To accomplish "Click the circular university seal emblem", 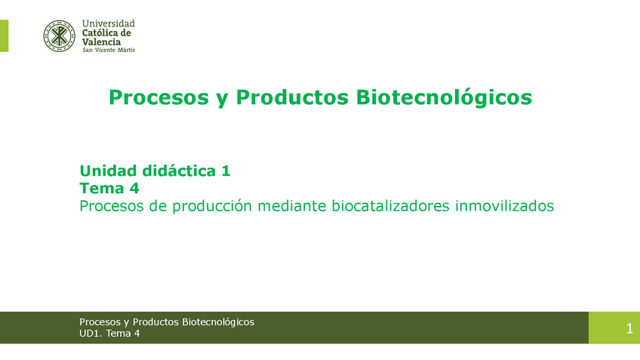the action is pos(60,36).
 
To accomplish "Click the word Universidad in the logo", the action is pos(108,23).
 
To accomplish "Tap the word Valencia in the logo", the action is pos(101,42).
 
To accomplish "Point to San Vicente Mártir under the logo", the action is pos(109,51).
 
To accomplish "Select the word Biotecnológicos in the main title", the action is pos(444,97).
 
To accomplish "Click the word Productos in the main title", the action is pos(292,97).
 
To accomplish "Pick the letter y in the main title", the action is pos(222,100).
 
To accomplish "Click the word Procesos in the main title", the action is pos(158,97).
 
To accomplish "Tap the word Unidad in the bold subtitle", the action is pos(108,171).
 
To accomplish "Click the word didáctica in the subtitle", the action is pos(179,171).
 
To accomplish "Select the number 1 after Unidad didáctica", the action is pos(226,171).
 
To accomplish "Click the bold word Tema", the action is pos(102,188).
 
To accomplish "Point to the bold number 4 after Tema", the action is pos(134,188).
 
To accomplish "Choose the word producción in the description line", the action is pos(212,206).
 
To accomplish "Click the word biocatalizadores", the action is pos(390,206).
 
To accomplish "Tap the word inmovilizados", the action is pos(504,206).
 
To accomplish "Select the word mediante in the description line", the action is pos(292,206).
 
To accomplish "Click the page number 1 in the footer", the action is pos(629,328).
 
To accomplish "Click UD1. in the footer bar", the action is pos(91,334).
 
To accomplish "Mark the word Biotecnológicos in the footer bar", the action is pos(218,322).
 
